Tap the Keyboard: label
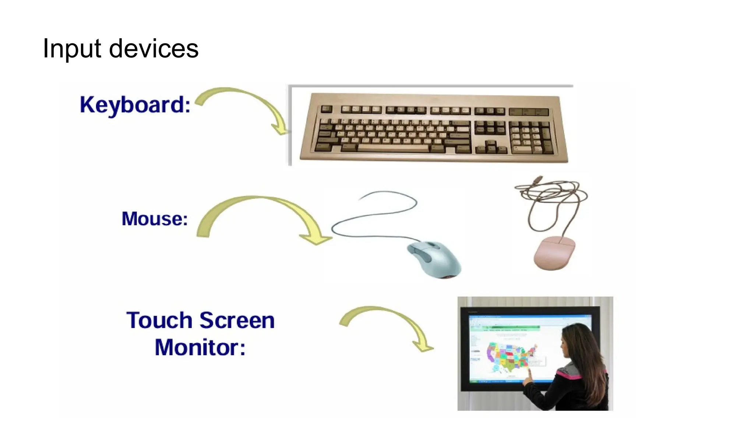point(135,105)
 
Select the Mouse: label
point(155,219)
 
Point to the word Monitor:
point(200,347)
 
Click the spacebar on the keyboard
point(393,148)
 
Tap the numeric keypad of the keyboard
point(531,138)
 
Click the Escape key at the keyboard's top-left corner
point(326,109)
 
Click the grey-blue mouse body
point(436,259)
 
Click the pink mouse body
point(554,253)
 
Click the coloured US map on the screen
point(510,355)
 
